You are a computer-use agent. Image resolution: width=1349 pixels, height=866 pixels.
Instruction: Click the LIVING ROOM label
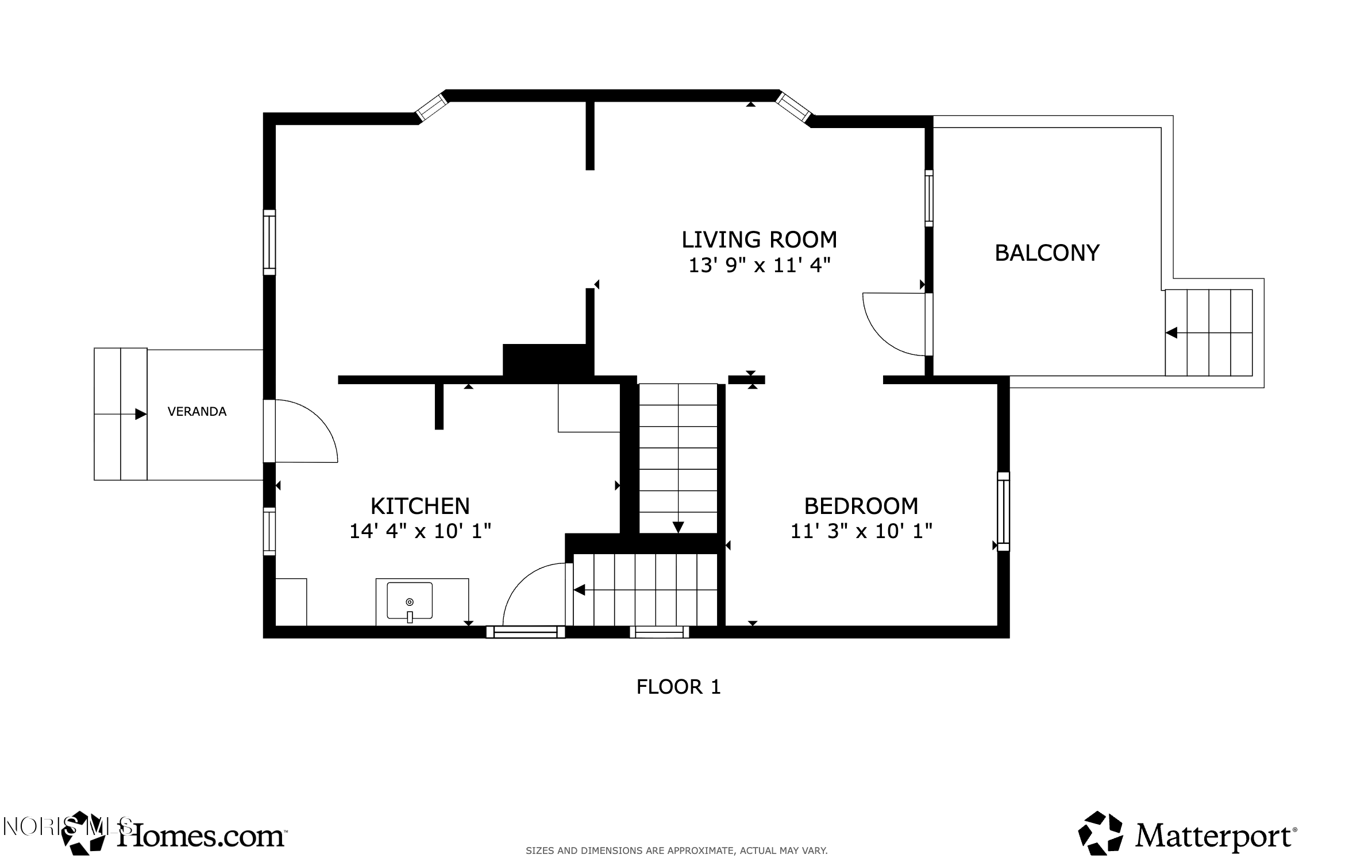click(759, 239)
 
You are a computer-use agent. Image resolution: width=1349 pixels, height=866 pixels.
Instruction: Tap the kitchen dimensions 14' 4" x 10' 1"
click(420, 531)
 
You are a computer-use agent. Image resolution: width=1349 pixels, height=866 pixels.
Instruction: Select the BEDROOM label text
click(861, 506)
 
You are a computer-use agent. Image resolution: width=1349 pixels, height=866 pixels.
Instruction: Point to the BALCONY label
click(1047, 253)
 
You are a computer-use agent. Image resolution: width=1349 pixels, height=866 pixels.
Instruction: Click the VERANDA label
click(197, 411)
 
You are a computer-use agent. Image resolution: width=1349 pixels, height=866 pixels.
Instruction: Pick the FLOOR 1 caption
click(678, 687)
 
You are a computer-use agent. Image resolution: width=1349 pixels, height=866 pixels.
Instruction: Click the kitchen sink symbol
click(410, 602)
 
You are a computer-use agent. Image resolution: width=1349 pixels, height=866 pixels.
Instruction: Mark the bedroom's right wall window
click(1003, 511)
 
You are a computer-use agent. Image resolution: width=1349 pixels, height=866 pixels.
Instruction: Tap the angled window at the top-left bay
click(431, 107)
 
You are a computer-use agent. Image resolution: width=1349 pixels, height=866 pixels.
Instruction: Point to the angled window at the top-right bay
click(793, 107)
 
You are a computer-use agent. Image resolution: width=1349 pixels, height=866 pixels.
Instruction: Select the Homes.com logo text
click(201, 836)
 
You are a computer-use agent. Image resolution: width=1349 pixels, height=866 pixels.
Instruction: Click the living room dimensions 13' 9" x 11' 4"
click(760, 265)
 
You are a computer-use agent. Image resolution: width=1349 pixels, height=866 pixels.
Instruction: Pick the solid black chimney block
click(544, 360)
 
